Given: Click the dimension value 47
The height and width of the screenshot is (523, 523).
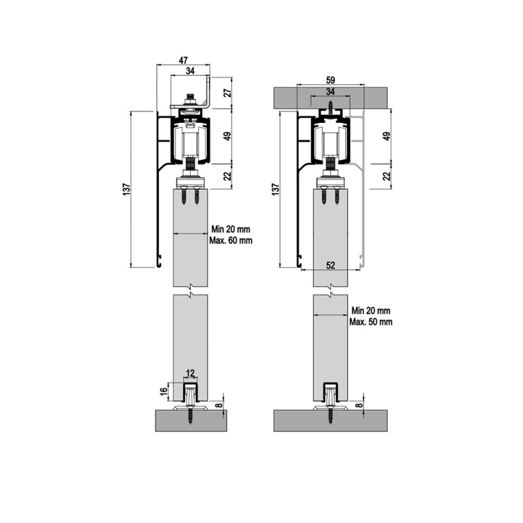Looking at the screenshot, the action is [x=183, y=60].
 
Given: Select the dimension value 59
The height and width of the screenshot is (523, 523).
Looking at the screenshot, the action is [x=330, y=80].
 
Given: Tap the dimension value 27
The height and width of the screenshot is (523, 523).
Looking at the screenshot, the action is [x=228, y=93].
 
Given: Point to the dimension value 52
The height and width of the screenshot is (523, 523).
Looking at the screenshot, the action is [x=330, y=265].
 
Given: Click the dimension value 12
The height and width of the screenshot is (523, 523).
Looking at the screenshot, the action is [x=190, y=373].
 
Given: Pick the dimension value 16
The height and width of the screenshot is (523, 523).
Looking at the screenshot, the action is [x=164, y=391].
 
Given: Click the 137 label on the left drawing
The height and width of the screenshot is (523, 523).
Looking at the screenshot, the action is [x=127, y=189].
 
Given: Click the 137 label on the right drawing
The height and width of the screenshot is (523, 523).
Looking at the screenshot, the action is [x=275, y=189].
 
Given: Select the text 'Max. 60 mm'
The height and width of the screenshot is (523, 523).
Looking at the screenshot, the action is [x=231, y=240].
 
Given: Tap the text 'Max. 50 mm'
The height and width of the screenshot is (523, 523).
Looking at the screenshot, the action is [x=371, y=322].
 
